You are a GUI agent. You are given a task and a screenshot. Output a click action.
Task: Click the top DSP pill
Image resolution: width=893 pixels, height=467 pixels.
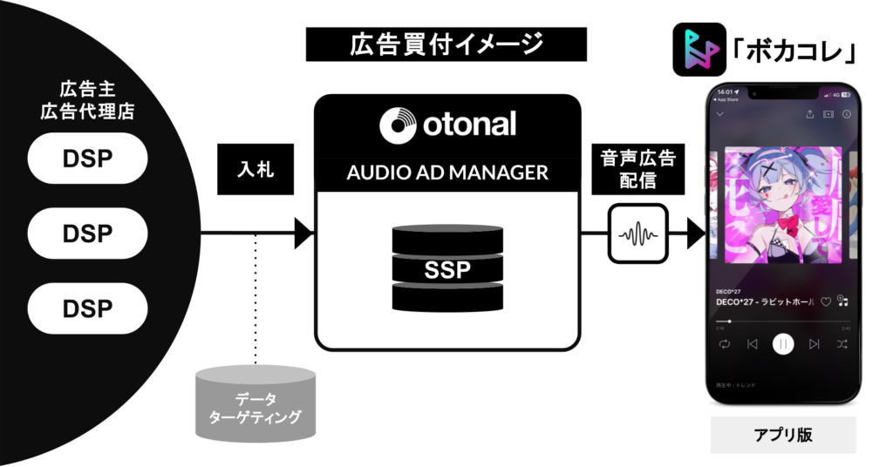tap(87, 159)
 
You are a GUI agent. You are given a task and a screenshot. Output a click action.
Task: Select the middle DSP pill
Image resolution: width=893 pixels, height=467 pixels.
tap(87, 233)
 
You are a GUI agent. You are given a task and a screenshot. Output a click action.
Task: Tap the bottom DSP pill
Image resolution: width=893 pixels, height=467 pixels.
tap(87, 308)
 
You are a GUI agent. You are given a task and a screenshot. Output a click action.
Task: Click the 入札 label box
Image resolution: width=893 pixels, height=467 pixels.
tap(254, 169)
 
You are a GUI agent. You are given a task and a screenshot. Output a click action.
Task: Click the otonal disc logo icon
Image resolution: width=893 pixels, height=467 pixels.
tap(399, 124)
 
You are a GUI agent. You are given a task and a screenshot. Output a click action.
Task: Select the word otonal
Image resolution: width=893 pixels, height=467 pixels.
tap(471, 124)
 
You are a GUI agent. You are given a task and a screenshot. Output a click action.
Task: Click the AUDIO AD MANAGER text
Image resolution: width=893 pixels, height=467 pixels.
tap(447, 173)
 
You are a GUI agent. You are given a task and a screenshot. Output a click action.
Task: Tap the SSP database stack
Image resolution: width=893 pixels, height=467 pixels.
tap(447, 268)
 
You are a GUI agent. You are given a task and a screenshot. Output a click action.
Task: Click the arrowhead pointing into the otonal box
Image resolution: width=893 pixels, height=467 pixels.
tap(304, 233)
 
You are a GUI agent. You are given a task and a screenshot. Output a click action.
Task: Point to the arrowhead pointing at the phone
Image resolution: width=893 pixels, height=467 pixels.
tap(696, 233)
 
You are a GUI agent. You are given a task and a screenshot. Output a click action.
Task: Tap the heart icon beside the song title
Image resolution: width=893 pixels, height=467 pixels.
tap(825, 301)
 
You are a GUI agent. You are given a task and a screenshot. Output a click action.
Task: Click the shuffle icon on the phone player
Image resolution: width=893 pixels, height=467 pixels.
tap(842, 344)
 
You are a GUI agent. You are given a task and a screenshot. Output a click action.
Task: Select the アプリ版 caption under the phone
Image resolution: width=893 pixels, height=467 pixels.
tap(782, 435)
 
